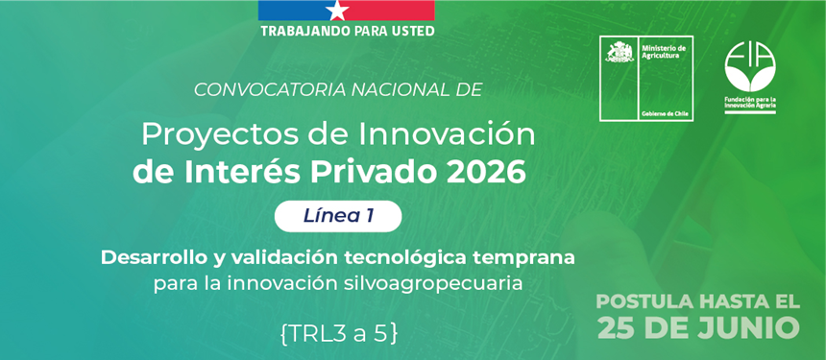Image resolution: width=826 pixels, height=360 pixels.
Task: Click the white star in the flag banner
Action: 337,10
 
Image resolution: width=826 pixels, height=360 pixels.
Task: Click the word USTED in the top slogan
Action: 417,31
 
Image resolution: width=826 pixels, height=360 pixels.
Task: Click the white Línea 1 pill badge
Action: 338,216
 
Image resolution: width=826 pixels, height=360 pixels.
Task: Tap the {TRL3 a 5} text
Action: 338,334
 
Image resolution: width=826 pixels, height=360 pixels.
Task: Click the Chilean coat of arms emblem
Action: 619,52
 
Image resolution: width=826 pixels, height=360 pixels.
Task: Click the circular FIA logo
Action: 749,66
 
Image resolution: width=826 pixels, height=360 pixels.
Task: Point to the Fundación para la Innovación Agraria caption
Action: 750,102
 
